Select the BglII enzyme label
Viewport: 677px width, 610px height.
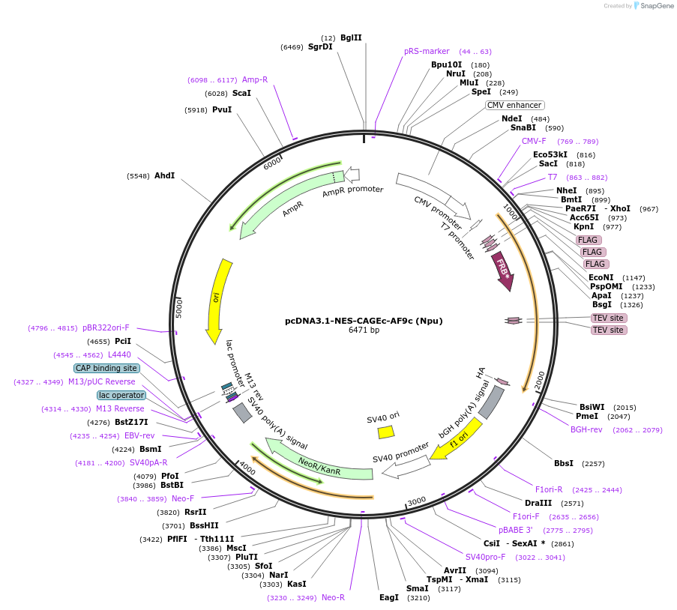pos(351,37)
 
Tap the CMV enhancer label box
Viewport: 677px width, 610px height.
pos(514,106)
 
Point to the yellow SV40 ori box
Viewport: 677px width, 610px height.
pos(386,432)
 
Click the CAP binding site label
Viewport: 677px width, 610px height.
pos(106,368)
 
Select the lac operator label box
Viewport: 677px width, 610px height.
pos(121,395)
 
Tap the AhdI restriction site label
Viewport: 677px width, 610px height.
pos(164,176)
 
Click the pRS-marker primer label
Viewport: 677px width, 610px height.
pos(427,52)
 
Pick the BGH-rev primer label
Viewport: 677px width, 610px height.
pos(586,430)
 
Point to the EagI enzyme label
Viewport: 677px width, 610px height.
pos(389,597)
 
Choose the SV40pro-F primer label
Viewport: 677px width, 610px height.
pos(485,557)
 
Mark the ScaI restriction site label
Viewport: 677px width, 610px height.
pos(241,94)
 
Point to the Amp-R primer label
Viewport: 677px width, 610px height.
pos(255,80)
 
